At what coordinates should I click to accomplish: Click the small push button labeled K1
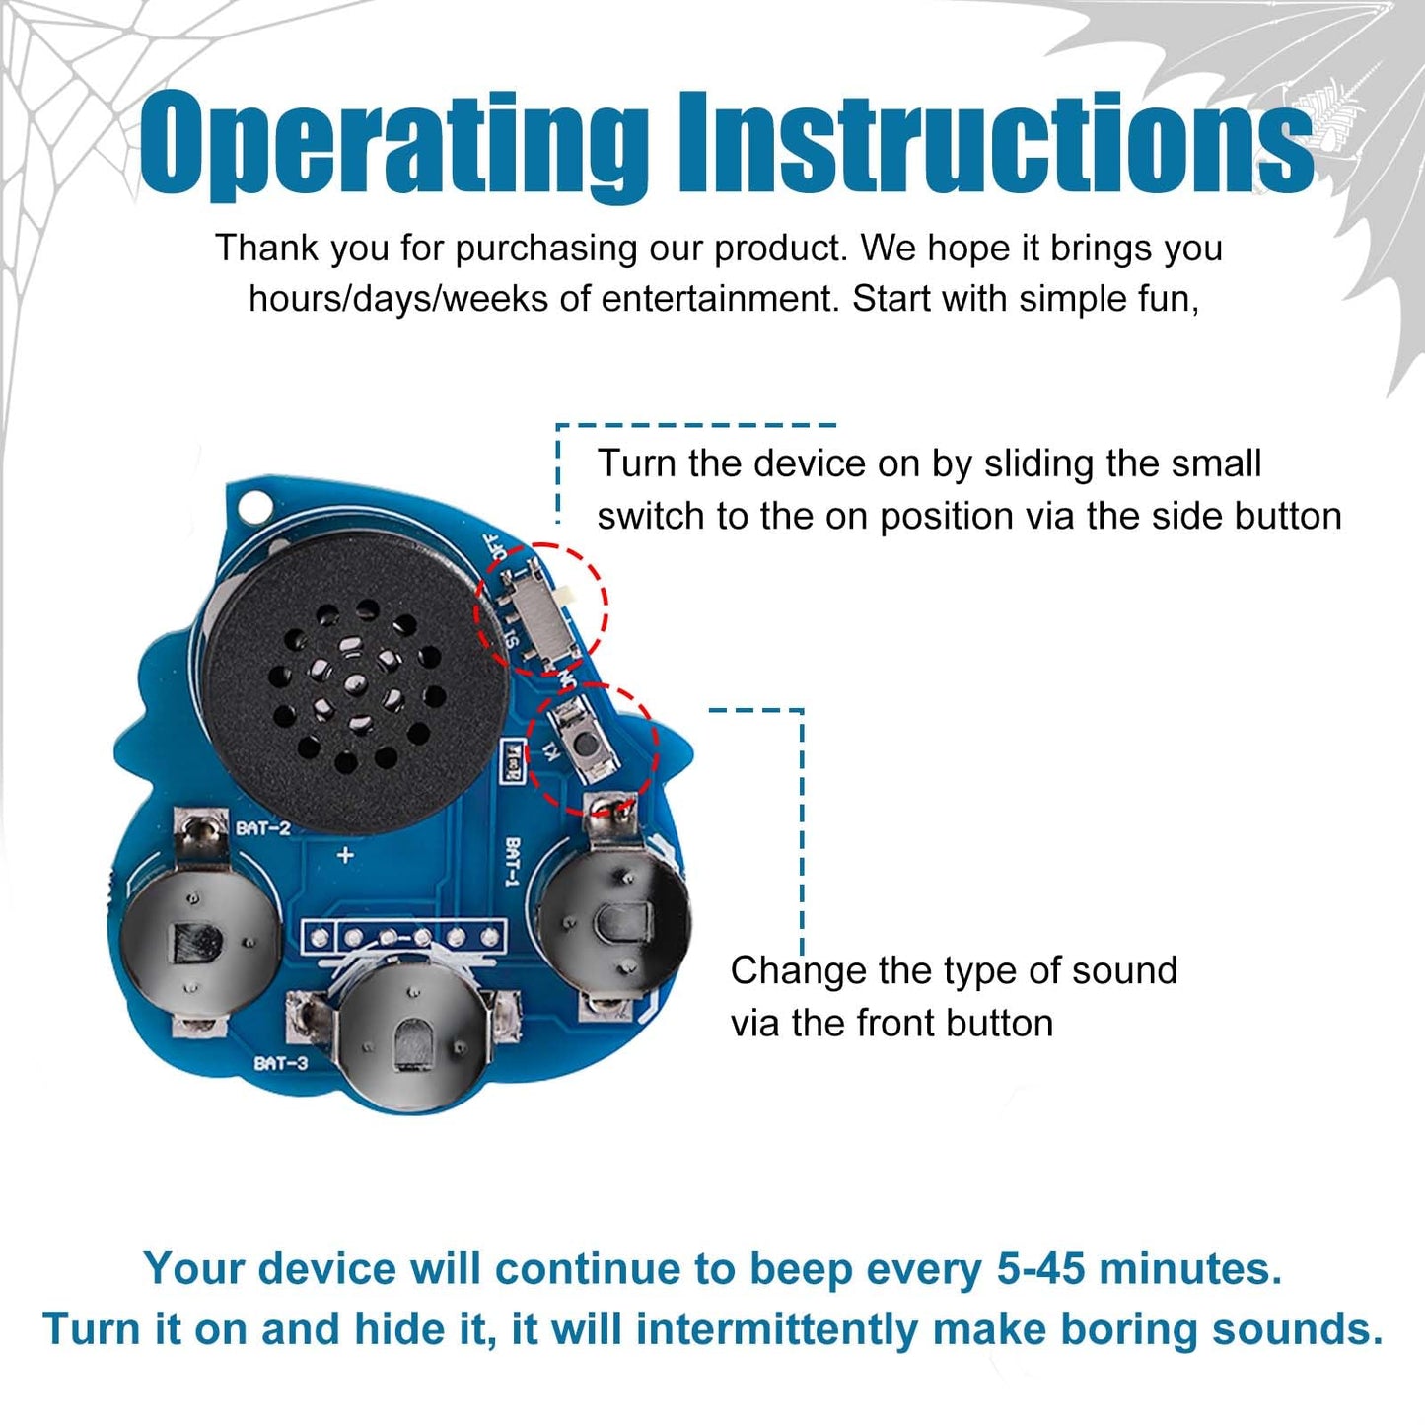(586, 743)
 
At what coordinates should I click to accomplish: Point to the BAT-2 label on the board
(263, 827)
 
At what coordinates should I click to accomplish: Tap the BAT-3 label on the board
(281, 1063)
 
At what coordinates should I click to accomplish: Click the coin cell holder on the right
(613, 912)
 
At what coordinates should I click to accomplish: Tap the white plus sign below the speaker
(345, 856)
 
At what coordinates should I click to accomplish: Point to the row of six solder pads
(403, 938)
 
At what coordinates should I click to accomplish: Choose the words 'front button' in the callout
(954, 1025)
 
